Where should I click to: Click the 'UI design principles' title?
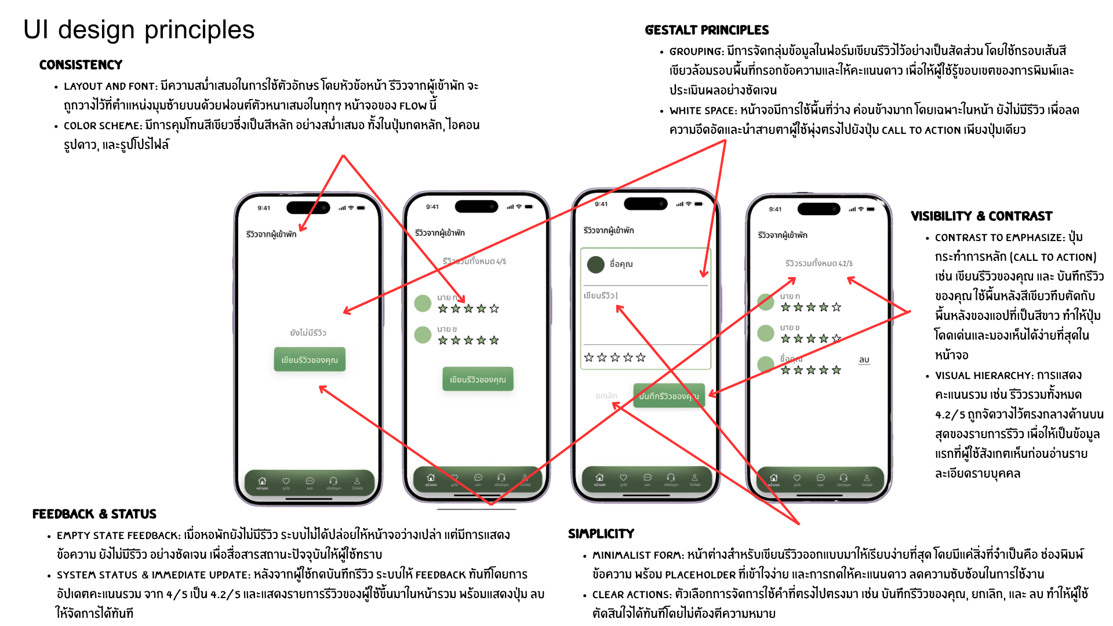click(139, 30)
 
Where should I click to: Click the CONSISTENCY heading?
click(81, 65)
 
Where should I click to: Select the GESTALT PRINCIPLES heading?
click(707, 30)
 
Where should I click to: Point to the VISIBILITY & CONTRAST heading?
click(981, 216)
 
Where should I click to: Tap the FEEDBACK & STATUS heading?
click(94, 514)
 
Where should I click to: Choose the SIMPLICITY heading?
click(601, 534)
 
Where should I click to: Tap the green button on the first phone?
click(309, 360)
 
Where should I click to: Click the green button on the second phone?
click(478, 380)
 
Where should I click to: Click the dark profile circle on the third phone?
click(595, 264)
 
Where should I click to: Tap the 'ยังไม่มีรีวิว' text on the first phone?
click(308, 333)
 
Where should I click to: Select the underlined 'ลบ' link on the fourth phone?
click(864, 360)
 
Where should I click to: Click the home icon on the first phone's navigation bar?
click(262, 481)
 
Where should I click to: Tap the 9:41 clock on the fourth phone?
click(775, 209)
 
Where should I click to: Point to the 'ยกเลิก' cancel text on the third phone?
click(606, 396)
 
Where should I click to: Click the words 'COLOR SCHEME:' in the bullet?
click(103, 126)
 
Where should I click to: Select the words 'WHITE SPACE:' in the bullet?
click(703, 111)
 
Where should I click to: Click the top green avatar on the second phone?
click(423, 303)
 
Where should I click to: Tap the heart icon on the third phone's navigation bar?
click(623, 478)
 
